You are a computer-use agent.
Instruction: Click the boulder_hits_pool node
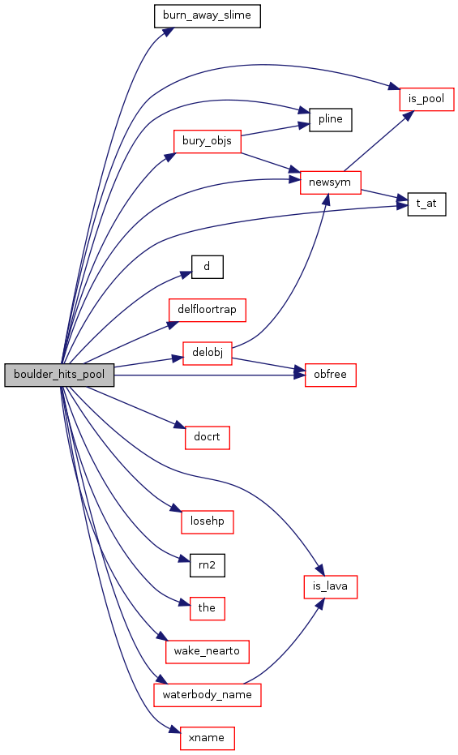(x=59, y=375)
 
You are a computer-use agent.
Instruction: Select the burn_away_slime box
(x=207, y=15)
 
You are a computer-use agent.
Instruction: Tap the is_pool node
(x=426, y=99)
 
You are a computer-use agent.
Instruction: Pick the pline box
(x=331, y=119)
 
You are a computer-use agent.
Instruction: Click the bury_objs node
(x=207, y=141)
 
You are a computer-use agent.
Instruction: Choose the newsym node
(x=331, y=182)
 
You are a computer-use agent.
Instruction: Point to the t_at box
(x=426, y=204)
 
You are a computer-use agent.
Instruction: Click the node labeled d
(x=207, y=266)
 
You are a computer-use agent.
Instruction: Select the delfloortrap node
(x=207, y=310)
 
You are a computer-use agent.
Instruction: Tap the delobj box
(x=208, y=353)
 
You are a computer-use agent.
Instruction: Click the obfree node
(x=331, y=375)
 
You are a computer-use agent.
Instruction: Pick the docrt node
(x=208, y=437)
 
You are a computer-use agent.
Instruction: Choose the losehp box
(x=208, y=521)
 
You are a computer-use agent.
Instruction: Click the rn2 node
(x=207, y=564)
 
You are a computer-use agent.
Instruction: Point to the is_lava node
(x=331, y=587)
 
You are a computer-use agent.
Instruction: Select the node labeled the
(x=207, y=608)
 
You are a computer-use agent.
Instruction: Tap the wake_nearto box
(x=207, y=651)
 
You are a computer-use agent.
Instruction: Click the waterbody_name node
(x=208, y=695)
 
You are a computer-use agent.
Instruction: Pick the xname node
(x=208, y=738)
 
